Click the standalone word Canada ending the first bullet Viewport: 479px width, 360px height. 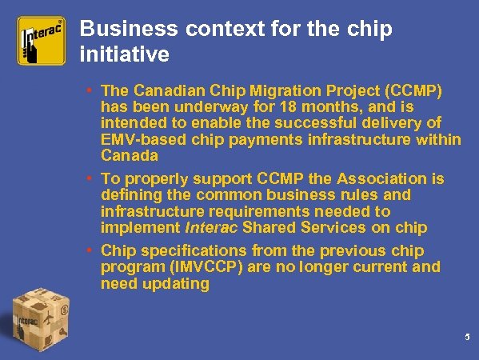[x=129, y=156]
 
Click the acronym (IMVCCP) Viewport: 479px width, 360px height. [x=210, y=266]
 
